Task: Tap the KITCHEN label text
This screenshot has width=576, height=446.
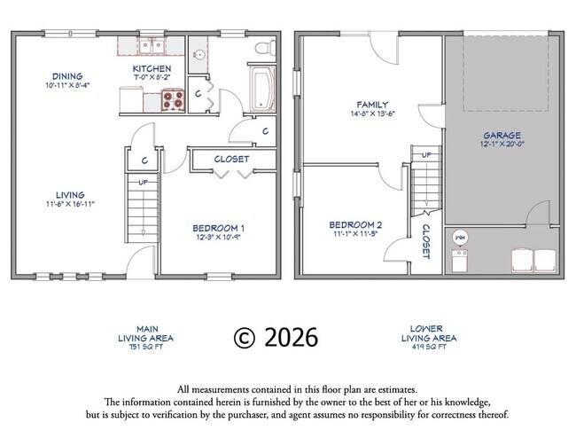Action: pyautogui.click(x=152, y=69)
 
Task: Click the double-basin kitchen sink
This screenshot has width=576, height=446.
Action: pyautogui.click(x=153, y=45)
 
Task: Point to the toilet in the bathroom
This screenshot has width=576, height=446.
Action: pyautogui.click(x=262, y=48)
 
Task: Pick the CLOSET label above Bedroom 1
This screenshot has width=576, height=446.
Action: pyautogui.click(x=232, y=160)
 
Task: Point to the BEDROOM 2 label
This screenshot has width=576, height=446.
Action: pyautogui.click(x=354, y=224)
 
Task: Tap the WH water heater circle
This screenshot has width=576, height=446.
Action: pyautogui.click(x=460, y=239)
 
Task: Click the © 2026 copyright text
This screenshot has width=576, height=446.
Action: pyautogui.click(x=275, y=338)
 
